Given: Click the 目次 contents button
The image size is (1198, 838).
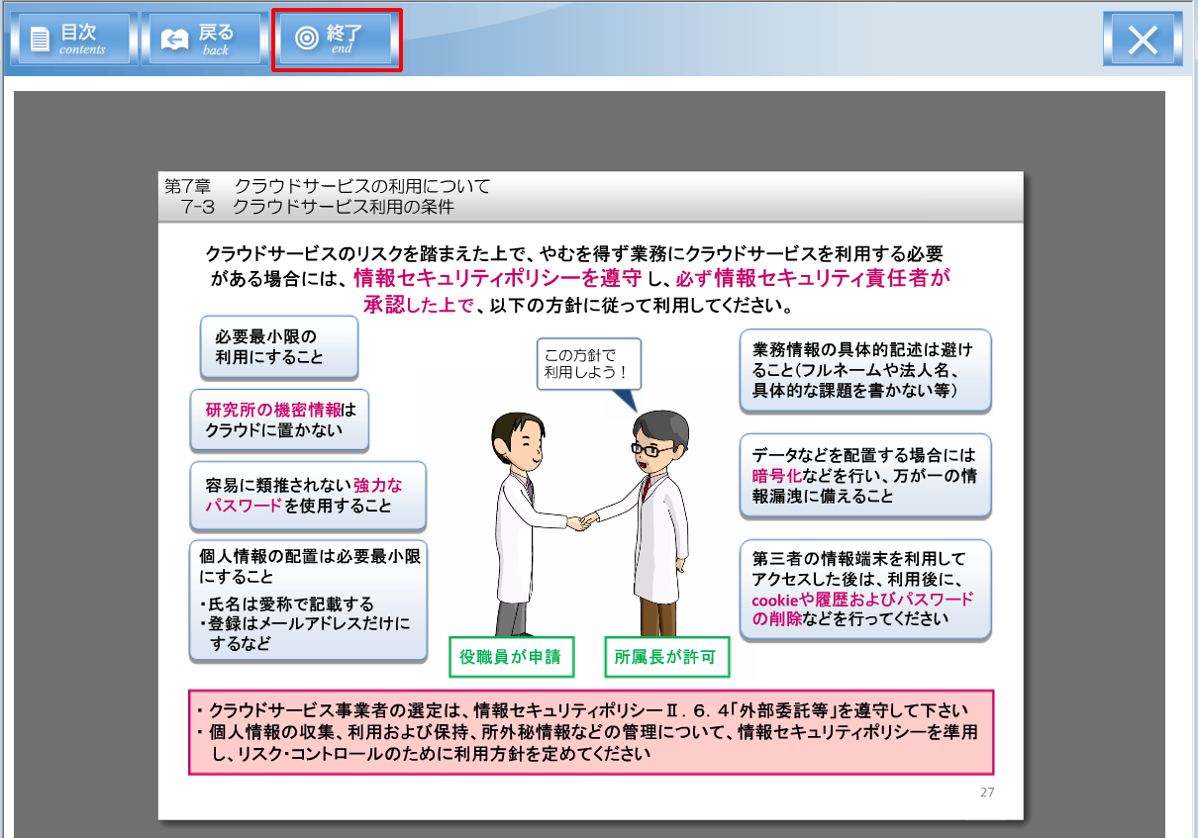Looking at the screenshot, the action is pos(74,39).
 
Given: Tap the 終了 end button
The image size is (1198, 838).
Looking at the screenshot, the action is pos(336,39).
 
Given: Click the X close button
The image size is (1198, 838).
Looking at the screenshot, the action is pos(1143,40).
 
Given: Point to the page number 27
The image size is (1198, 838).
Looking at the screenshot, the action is pos(987,792).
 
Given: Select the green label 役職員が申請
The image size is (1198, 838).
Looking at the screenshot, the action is pos(511,657).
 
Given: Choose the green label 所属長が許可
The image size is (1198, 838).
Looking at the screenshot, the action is pos(666,657).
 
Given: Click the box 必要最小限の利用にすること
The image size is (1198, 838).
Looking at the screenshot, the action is pos(279,347).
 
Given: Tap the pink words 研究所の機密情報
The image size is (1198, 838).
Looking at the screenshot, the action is pos(272,410).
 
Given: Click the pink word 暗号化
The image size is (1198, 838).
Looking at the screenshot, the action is pos(776,476).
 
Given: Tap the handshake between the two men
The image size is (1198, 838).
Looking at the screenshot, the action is pos(582,521).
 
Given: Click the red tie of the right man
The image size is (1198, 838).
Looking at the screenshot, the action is pos(647,487).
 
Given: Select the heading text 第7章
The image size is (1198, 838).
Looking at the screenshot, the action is pos(187,186).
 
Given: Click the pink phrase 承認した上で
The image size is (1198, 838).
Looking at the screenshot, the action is pos(418,305).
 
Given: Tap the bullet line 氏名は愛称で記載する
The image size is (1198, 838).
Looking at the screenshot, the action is pos(287,604).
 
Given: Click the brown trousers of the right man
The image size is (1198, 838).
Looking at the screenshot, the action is pos(658,617).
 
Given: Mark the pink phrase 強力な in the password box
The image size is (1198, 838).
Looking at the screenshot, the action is pos(377,485).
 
